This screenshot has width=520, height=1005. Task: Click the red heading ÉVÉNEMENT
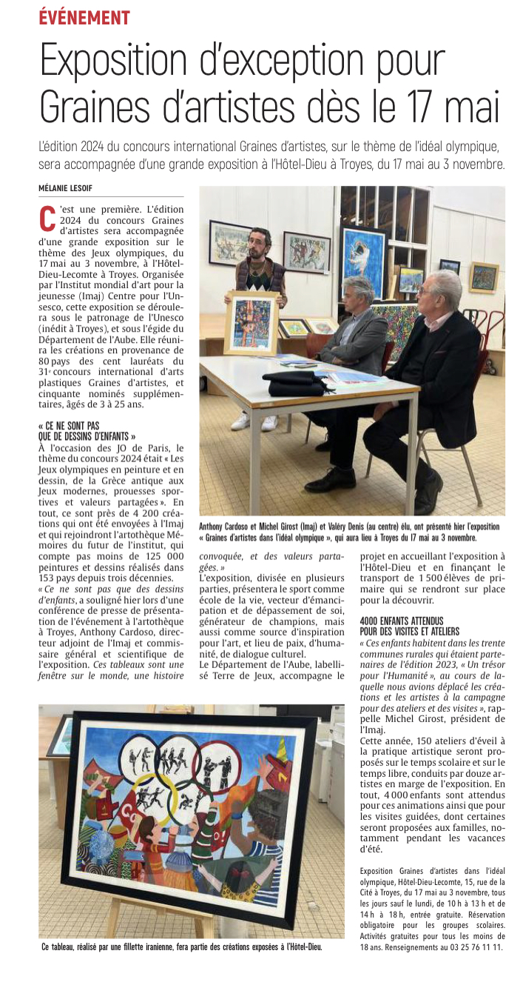[x=84, y=18]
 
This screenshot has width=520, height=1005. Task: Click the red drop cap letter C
[x=47, y=216]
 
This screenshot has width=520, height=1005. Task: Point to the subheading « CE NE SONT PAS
[x=68, y=426]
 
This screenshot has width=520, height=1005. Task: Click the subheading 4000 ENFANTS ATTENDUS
[x=402, y=621]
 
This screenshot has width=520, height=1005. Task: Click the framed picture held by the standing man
[x=251, y=323]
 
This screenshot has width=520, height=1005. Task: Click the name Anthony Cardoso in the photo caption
[x=230, y=527]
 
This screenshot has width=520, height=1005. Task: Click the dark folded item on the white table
[x=296, y=382]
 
